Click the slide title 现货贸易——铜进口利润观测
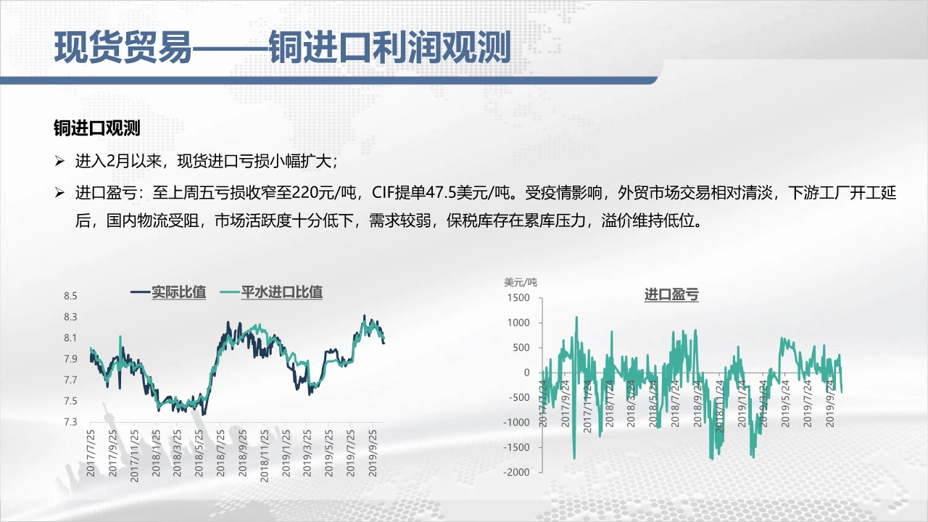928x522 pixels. (282, 48)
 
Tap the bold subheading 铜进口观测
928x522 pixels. (97, 128)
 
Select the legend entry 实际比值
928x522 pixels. (178, 292)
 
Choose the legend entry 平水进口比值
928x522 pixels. (282, 292)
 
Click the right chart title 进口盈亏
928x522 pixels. (671, 294)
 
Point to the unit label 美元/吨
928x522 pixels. (521, 283)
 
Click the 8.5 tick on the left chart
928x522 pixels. (70, 296)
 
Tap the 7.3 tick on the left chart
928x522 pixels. (70, 422)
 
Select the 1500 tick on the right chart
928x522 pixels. (518, 298)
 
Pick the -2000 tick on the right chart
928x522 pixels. (516, 472)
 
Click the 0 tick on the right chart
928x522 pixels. (527, 373)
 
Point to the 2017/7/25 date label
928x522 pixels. (91, 453)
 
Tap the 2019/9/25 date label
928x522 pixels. (373, 453)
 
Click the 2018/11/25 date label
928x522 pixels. (264, 456)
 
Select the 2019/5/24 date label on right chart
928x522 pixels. (785, 404)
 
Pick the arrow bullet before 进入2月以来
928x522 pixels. (59, 161)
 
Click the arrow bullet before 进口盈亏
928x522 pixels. (59, 193)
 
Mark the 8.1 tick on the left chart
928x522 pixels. (70, 338)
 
